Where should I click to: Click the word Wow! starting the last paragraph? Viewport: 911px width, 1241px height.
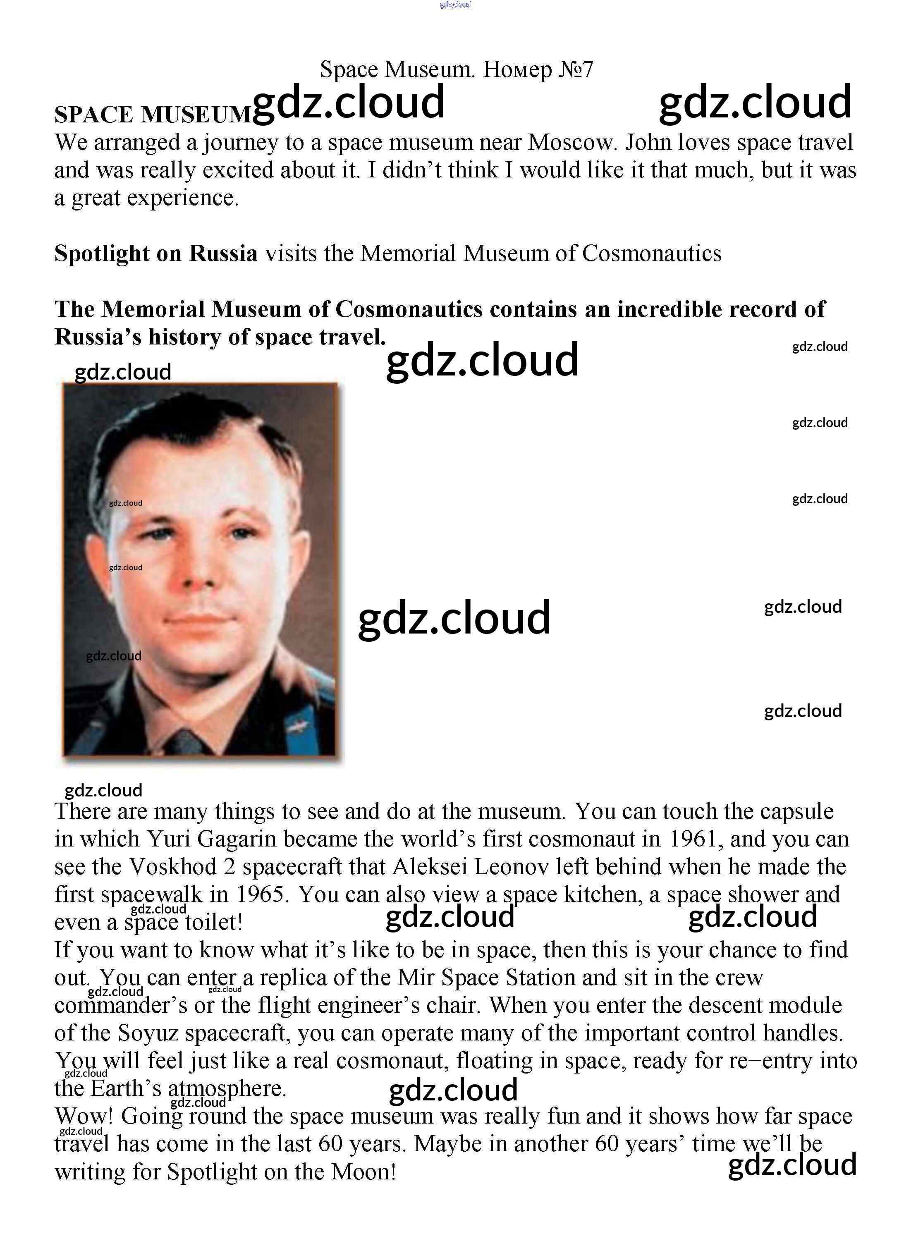coord(84,1116)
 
